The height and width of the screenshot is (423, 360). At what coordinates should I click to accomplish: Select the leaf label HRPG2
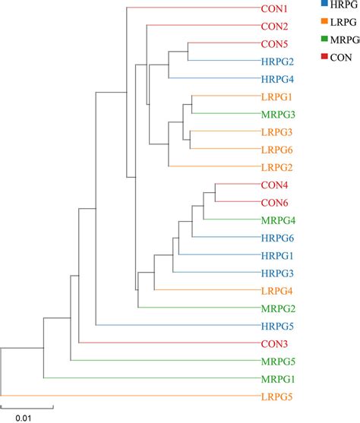coord(279,61)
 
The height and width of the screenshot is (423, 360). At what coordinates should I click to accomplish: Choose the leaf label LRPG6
coord(278,149)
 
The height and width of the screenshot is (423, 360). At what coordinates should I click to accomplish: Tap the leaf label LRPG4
coord(278,291)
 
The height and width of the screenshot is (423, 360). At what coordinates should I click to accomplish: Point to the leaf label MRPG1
coord(279,378)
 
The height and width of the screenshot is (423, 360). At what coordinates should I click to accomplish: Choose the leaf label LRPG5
coord(278,396)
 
